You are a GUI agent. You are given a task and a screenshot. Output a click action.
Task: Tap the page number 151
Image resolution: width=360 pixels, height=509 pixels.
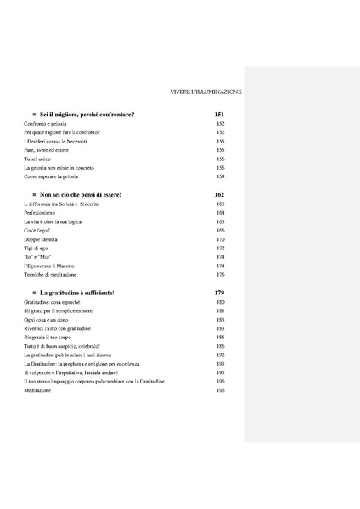coord(219,114)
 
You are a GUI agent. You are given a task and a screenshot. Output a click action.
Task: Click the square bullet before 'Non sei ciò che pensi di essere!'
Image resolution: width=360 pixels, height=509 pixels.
coord(31,195)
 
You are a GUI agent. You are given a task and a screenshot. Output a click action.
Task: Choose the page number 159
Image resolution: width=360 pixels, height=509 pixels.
coord(220,176)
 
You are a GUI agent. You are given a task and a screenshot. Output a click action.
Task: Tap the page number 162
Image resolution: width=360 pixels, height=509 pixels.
coord(219,195)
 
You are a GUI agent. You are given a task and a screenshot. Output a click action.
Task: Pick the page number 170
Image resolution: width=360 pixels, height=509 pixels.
coord(220,239)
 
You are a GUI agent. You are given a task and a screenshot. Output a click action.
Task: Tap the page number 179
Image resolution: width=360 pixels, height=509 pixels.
coord(219,293)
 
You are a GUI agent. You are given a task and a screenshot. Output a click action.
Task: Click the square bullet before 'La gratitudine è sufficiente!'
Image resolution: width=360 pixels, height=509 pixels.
coord(31,293)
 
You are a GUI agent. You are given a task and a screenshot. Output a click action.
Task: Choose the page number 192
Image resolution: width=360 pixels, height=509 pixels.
coord(220,355)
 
